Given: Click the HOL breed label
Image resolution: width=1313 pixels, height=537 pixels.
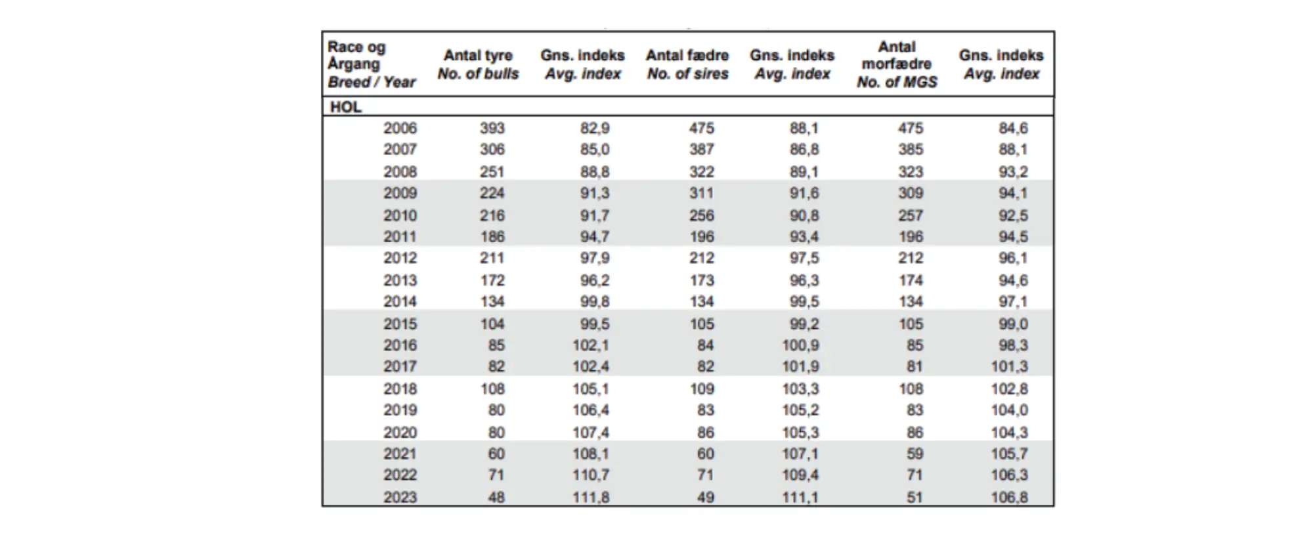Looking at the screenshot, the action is tap(345, 106).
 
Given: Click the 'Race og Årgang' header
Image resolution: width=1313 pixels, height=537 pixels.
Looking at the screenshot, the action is tap(357, 56).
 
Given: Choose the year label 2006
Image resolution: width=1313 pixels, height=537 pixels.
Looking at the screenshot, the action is tap(400, 128).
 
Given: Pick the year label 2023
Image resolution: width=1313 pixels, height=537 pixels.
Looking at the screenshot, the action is tap(400, 497).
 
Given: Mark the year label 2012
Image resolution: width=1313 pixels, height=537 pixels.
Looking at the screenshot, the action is tap(400, 258).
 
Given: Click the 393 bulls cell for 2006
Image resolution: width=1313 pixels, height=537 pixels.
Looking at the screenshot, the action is tap(492, 128).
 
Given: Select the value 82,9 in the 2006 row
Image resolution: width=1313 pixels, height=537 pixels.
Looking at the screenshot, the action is tap(594, 128).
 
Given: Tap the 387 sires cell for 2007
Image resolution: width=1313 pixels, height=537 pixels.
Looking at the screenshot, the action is tap(701, 150).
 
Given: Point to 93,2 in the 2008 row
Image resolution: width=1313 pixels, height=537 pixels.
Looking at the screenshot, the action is tap(1013, 171).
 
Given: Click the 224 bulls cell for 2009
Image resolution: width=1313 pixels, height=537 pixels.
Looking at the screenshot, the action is tap(492, 193).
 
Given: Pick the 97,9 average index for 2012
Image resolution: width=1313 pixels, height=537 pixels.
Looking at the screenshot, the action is tap(594, 258).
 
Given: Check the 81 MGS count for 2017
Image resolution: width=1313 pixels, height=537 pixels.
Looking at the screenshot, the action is tap(915, 366).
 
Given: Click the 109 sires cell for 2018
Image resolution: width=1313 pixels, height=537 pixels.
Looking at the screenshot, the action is tap(701, 389).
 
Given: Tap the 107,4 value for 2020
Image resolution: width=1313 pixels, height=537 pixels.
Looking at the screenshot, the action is tap(590, 433).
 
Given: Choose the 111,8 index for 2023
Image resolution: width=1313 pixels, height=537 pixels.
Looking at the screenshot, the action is tap(590, 497).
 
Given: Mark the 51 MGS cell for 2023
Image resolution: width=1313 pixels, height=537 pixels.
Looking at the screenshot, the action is tap(915, 497).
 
